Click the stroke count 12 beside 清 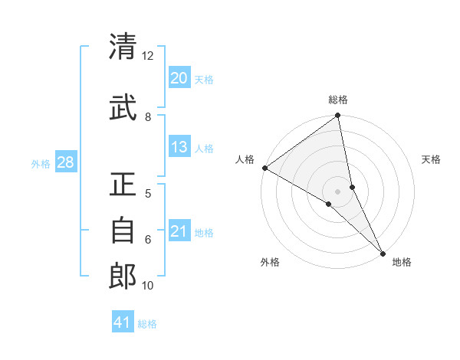coord(147,56)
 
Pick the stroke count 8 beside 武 coord(148,116)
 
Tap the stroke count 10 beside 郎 coord(148,286)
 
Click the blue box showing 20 coord(179,78)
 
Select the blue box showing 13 coord(179,147)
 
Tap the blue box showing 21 coord(179,231)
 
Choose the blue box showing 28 coord(65,162)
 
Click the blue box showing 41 coord(123,323)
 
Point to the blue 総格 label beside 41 coord(147,324)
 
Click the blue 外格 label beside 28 coord(41,163)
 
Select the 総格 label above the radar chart coord(338,100)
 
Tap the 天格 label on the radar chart coord(432,159)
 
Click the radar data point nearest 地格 coord(383,251)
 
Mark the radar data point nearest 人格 coord(264,167)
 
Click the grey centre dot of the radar coord(338,191)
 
